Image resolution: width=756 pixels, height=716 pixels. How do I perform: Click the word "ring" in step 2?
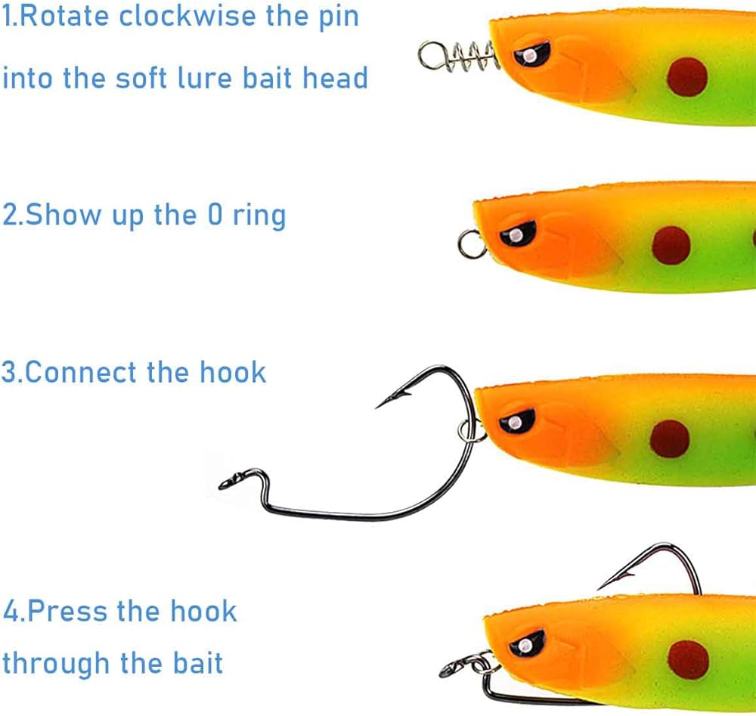[x=259, y=215]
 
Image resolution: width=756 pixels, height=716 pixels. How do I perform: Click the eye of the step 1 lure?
[x=532, y=54]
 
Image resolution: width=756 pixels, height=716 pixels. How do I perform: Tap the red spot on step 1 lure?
[x=687, y=76]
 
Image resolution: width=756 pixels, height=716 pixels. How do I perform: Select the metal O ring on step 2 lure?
[x=472, y=243]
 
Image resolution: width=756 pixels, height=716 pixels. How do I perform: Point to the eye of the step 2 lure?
[x=518, y=234]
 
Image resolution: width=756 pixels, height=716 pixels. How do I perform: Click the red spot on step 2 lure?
[x=671, y=245]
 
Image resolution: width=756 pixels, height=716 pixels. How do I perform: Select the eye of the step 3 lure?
[x=516, y=420]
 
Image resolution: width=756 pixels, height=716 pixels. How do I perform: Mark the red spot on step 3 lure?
[x=670, y=439]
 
